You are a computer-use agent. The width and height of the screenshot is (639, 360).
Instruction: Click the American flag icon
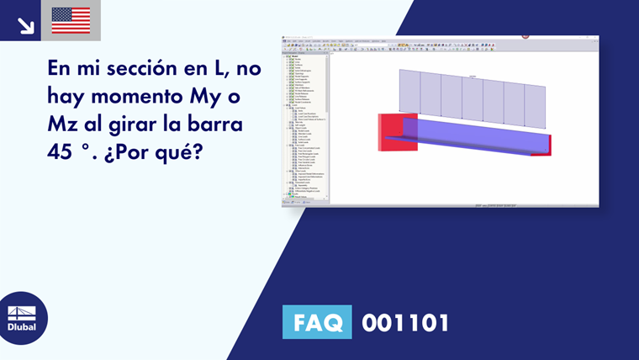(71, 20)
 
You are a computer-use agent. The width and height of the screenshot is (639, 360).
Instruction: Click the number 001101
(405, 322)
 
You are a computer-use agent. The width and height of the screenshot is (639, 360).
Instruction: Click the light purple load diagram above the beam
(471, 97)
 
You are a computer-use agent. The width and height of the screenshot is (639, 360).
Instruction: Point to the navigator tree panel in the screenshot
(304, 122)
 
